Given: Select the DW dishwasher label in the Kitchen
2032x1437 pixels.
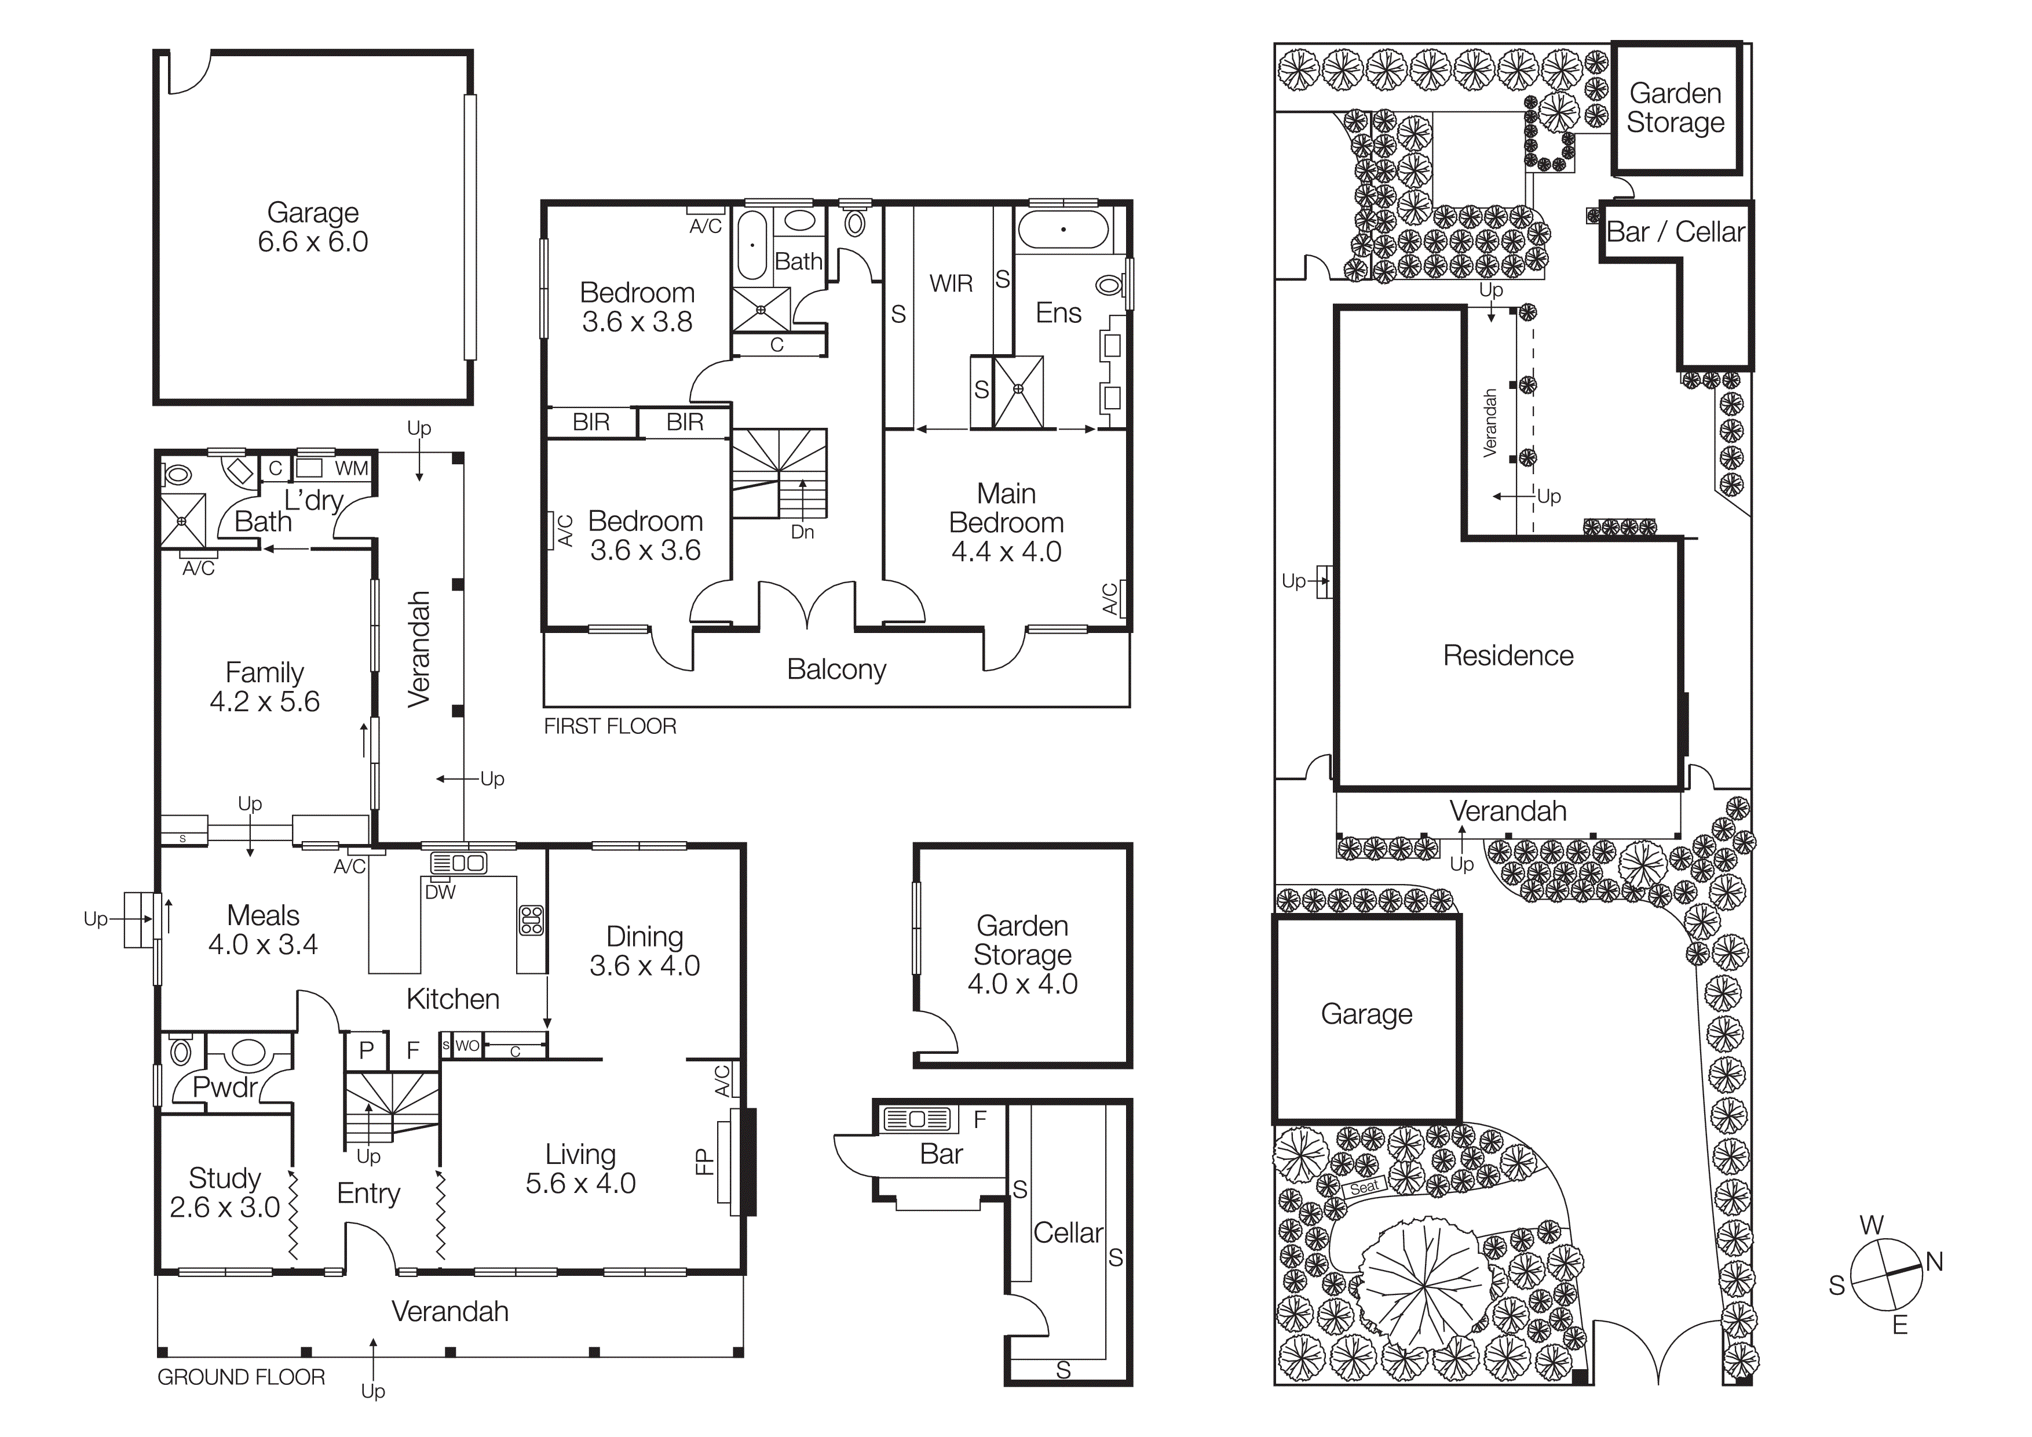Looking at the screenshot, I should [x=440, y=893].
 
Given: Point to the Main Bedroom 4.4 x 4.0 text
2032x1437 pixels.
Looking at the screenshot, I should [x=1006, y=522].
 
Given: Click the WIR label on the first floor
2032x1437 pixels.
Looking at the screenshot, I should [x=951, y=284].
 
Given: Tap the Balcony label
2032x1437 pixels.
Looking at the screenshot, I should [x=836, y=670].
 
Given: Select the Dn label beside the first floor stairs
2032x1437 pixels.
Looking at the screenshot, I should [x=802, y=532].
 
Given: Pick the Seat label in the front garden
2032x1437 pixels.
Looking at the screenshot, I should [x=1364, y=1187].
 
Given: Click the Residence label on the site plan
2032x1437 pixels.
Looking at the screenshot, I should [x=1508, y=656].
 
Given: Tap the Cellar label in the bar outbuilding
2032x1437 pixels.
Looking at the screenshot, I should [x=1068, y=1234].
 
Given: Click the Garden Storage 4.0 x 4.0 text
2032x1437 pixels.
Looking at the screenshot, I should [x=1022, y=955].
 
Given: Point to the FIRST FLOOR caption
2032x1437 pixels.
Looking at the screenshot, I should [x=610, y=727].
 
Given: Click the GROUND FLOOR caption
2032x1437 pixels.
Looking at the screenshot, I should [x=241, y=1378].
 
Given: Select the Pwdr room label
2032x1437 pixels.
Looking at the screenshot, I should [x=225, y=1087].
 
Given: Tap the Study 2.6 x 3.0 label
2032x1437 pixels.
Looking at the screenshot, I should [x=225, y=1192].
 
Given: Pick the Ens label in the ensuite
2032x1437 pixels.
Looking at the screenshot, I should [x=1058, y=314].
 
